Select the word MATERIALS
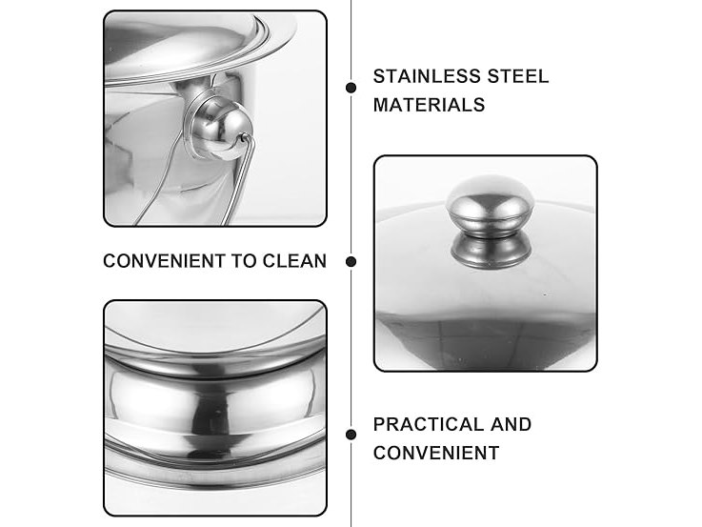tap(429, 105)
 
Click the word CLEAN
tap(294, 261)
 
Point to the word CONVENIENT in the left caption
tap(164, 261)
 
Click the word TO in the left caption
tap(244, 261)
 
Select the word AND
tap(511, 424)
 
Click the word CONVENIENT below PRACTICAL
tap(436, 453)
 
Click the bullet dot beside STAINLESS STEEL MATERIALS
tap(351, 88)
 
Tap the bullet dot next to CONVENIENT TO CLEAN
tap(351, 261)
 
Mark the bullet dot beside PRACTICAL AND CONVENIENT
tap(351, 435)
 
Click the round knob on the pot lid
tap(491, 205)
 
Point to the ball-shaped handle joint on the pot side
tap(223, 130)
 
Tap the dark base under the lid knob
tap(491, 251)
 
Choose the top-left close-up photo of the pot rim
tap(215, 119)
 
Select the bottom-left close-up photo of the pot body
tap(215, 408)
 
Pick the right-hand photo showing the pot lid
tap(486, 264)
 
